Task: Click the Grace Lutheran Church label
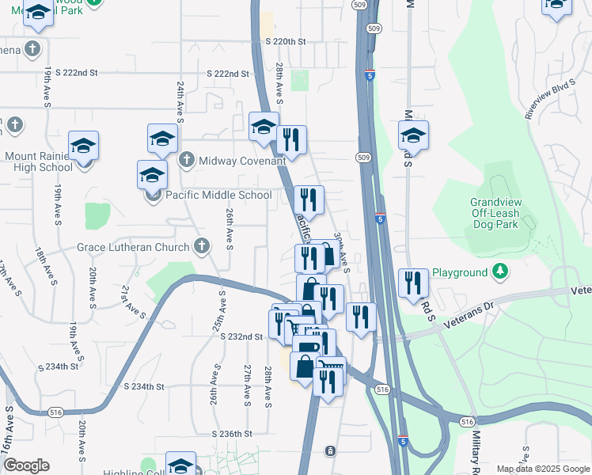(134, 247)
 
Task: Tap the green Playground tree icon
(499, 272)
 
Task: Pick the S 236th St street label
(232, 434)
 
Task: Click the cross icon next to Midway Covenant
(186, 160)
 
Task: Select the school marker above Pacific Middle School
(152, 176)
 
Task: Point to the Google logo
(26, 465)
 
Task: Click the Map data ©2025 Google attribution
(543, 469)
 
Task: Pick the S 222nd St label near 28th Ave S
(229, 74)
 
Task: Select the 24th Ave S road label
(180, 101)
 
